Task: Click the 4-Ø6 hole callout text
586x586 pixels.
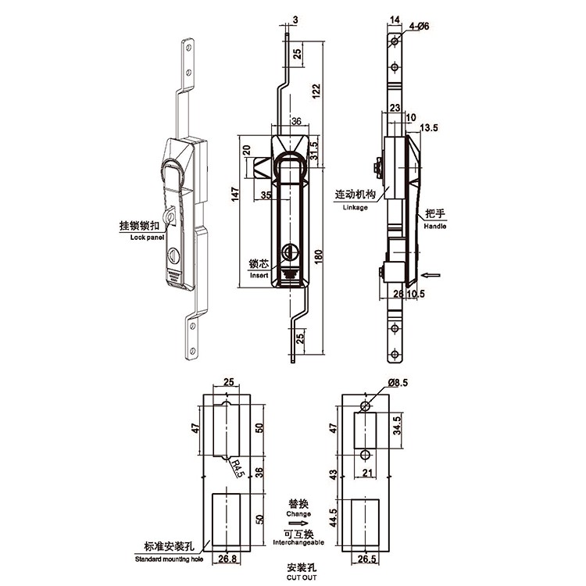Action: tap(419, 26)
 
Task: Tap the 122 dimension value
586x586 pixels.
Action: tap(316, 91)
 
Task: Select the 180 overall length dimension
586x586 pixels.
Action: tap(319, 256)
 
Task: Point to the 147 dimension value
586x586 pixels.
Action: tap(235, 195)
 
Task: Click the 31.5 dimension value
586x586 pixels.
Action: tap(314, 150)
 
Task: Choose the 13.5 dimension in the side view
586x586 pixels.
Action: tap(429, 128)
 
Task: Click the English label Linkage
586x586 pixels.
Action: tap(355, 207)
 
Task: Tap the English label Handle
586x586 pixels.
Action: tap(435, 226)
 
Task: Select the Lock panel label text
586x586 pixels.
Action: tap(147, 238)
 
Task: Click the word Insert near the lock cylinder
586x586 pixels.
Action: tap(259, 276)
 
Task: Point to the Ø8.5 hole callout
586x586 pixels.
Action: tap(398, 383)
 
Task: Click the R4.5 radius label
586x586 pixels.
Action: tap(238, 469)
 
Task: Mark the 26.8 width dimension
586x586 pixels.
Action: tap(227, 559)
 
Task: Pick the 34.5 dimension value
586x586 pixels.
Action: tap(397, 425)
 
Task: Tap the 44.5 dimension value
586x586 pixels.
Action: tap(334, 517)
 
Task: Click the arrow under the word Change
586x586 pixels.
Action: tap(298, 523)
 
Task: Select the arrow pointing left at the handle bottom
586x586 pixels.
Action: tap(431, 276)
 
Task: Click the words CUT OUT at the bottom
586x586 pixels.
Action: tap(302, 577)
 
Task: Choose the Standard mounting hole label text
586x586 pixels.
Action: tap(169, 559)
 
